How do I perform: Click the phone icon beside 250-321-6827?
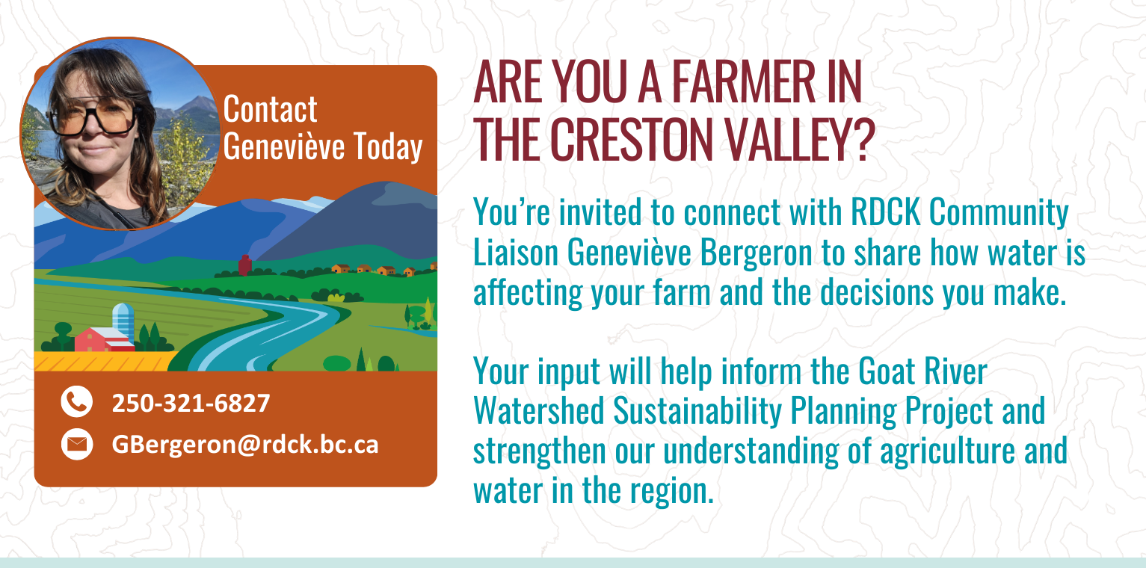(x=77, y=401)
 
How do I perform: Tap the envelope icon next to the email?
(x=77, y=444)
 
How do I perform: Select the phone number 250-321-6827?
(x=191, y=404)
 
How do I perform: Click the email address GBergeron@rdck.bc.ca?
(x=245, y=445)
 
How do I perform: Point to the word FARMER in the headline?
(x=743, y=81)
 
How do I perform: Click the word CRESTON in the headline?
(x=632, y=139)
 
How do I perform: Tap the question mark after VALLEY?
(x=863, y=139)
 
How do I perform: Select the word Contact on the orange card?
(x=270, y=109)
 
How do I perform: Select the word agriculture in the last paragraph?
(x=947, y=451)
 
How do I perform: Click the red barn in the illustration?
(x=104, y=339)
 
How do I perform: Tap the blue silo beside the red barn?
(x=123, y=321)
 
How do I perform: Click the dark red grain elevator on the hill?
(x=245, y=265)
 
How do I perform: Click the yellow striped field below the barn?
(x=102, y=361)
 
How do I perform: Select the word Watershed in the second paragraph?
(x=539, y=411)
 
